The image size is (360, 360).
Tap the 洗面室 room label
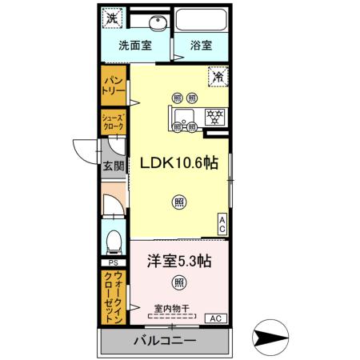[x=136, y=46]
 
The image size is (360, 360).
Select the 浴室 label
[x=201, y=46]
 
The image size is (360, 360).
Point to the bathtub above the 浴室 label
[x=201, y=22]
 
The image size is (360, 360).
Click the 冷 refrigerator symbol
[x=218, y=77]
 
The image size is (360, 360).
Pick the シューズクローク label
[x=112, y=123]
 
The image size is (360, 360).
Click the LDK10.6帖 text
[x=180, y=162]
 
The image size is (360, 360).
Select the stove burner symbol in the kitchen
[x=214, y=114]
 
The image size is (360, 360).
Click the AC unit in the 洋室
[x=214, y=318]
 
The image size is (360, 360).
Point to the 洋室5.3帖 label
[x=178, y=259]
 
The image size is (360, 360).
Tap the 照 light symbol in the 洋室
[x=179, y=282]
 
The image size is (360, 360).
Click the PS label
[x=112, y=262]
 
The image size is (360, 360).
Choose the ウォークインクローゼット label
[x=112, y=295]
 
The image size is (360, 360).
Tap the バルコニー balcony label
[x=164, y=342]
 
